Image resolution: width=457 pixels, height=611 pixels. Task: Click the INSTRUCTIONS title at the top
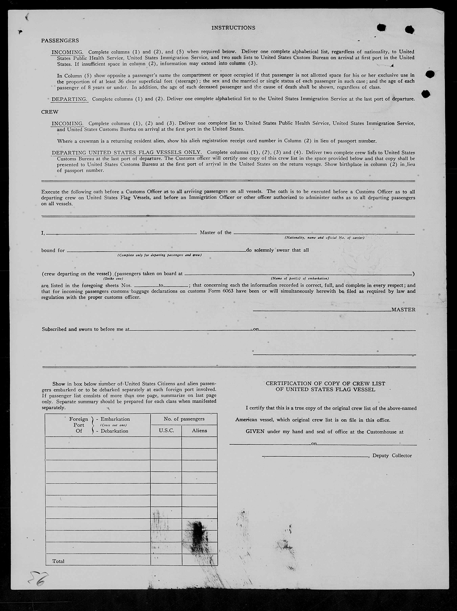pyautogui.click(x=233, y=28)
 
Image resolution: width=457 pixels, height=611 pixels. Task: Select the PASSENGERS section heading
pyautogui.click(x=60, y=41)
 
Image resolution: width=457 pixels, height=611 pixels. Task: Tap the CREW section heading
pyautogui.click(x=50, y=112)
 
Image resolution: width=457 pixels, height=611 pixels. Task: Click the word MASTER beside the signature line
pyautogui.click(x=403, y=310)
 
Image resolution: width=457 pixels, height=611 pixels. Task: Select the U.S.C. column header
pyautogui.click(x=166, y=431)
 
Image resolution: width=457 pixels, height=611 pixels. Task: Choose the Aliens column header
pyautogui.click(x=199, y=431)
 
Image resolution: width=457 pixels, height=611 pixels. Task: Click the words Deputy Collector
pyautogui.click(x=392, y=456)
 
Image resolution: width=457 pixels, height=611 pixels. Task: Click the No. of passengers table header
pyautogui.click(x=184, y=419)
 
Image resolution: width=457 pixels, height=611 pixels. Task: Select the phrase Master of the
pyautogui.click(x=216, y=233)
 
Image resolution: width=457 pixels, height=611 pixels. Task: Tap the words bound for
pyautogui.click(x=53, y=251)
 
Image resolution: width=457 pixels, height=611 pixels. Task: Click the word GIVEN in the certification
pyautogui.click(x=255, y=432)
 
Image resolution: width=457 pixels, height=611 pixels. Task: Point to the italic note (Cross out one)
pyautogui.click(x=113, y=425)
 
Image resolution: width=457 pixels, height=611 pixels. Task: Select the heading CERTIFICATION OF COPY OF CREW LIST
pyautogui.click(x=325, y=383)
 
